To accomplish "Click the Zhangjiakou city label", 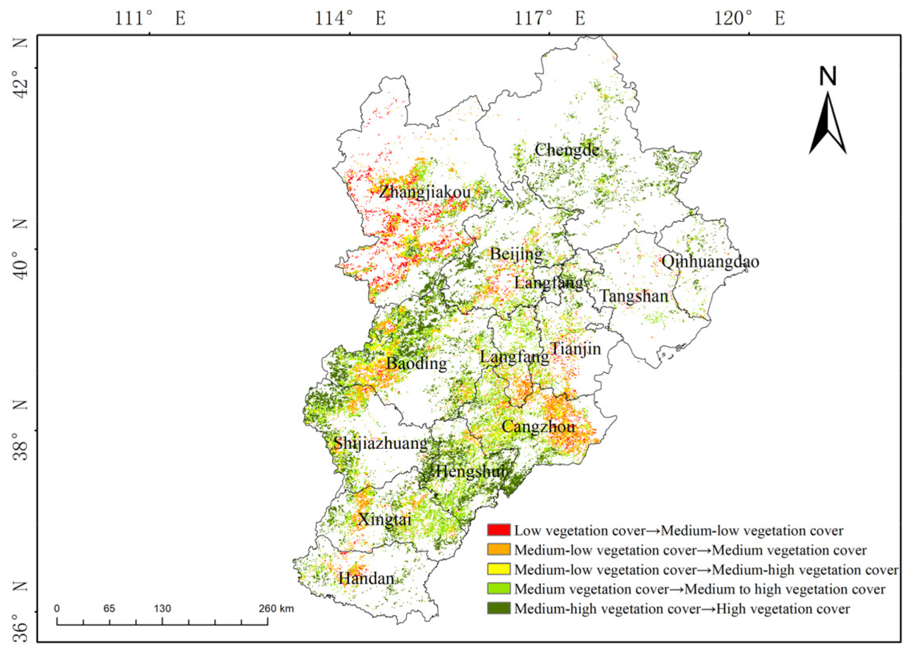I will tap(424, 192).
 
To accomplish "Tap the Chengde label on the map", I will tap(566, 150).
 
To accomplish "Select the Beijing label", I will tap(516, 254).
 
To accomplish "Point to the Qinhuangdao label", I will tap(710, 262).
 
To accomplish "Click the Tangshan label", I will tap(634, 297).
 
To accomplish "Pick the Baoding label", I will tap(416, 363).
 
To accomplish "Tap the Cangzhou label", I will tap(538, 427).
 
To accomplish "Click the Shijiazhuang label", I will tap(380, 443).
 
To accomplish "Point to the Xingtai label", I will tap(385, 519).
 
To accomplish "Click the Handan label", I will tap(366, 578).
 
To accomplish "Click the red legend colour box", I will tap(498, 530).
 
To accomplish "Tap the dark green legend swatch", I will tap(498, 608).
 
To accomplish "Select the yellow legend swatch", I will tap(498, 569).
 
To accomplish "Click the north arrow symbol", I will tap(827, 121).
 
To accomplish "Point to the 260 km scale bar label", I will tap(276, 608).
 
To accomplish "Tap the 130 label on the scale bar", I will tap(162, 608).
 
